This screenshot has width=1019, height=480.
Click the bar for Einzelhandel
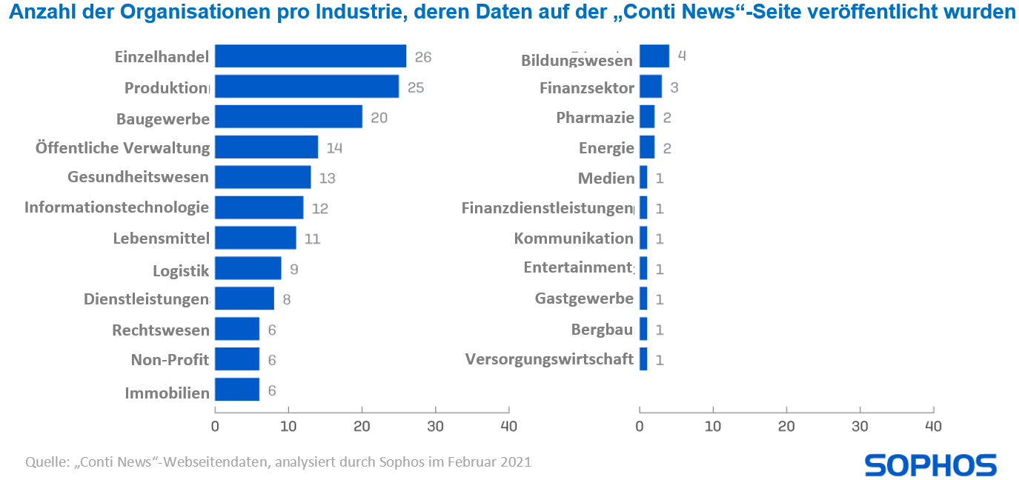click(x=310, y=56)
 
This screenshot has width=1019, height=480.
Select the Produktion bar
click(x=306, y=87)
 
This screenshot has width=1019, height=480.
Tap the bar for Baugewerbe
click(x=288, y=117)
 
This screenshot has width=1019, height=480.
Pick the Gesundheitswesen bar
click(x=262, y=178)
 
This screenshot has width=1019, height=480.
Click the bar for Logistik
click(x=248, y=269)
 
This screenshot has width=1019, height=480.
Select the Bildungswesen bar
click(x=654, y=56)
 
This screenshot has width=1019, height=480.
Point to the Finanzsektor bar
click(x=650, y=87)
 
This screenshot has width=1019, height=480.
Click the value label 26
click(x=422, y=57)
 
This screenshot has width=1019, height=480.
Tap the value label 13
click(x=327, y=179)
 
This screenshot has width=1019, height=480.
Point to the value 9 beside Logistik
click(x=293, y=270)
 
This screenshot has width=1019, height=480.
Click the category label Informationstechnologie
click(x=116, y=207)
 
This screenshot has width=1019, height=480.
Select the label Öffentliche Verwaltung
click(x=123, y=147)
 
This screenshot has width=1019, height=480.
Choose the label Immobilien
click(x=167, y=393)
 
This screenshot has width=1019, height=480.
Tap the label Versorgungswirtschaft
click(x=549, y=359)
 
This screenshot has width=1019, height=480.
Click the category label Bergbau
click(x=602, y=329)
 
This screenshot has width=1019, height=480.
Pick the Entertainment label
click(x=578, y=267)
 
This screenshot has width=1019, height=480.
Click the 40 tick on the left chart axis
click(x=508, y=426)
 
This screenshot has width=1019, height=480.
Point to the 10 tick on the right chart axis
click(x=713, y=426)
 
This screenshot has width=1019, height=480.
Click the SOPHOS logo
click(x=930, y=465)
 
